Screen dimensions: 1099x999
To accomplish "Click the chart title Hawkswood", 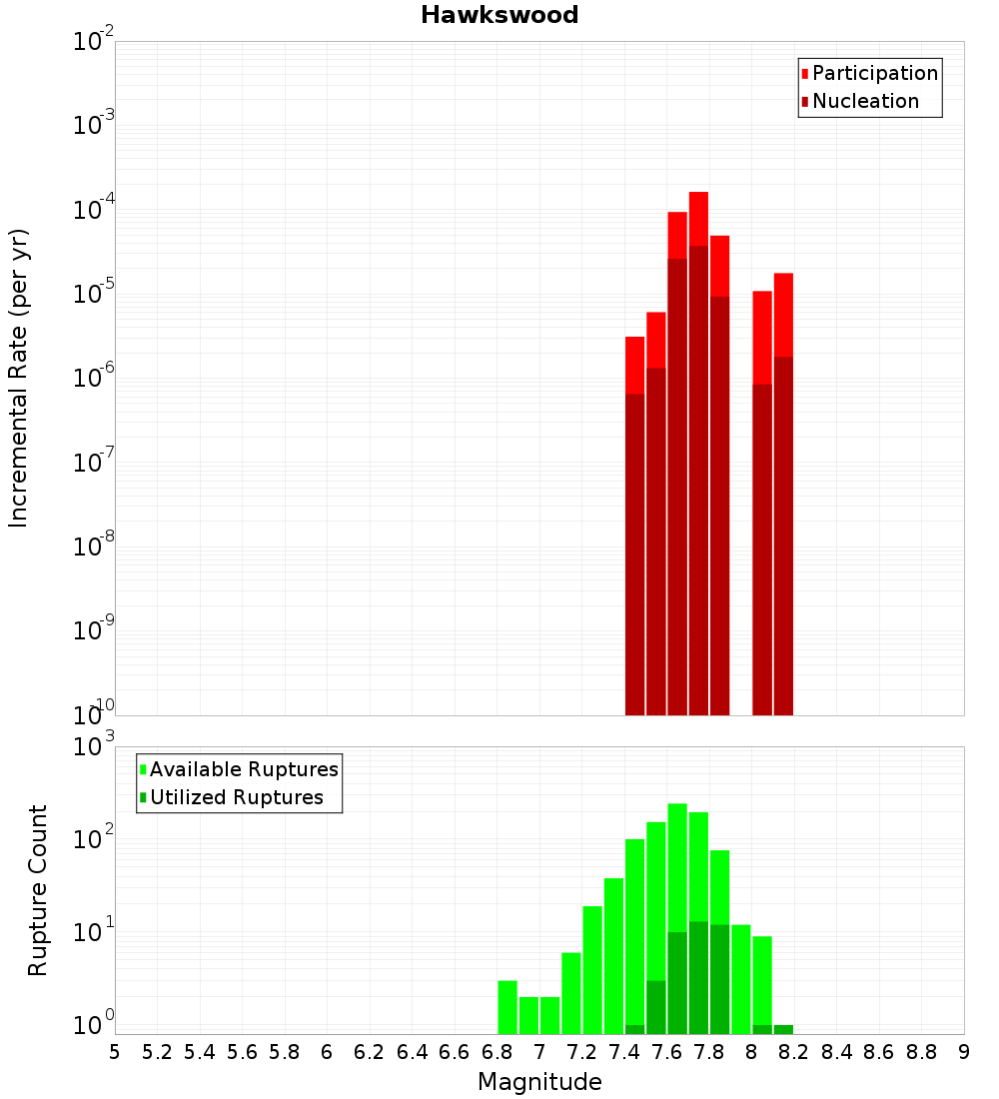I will point(499,15).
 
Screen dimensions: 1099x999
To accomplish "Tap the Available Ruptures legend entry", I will point(244,769).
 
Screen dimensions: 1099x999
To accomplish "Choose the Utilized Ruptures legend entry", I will point(236,797).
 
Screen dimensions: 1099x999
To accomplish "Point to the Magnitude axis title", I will point(539,1082).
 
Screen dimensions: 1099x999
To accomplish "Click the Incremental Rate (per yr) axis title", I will point(19,379).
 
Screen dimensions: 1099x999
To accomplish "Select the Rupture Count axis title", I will point(38,890).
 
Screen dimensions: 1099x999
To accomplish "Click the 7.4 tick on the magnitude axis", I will point(624,1052).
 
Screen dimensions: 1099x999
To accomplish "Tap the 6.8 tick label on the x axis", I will point(497,1052).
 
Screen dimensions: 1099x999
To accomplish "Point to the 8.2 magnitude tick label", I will point(794,1052).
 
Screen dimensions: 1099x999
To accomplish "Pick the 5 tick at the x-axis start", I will point(115,1052).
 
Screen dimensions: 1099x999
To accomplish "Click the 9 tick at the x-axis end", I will point(964,1052).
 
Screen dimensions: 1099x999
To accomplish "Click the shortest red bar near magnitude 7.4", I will point(634,364).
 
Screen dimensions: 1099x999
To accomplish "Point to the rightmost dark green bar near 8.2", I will point(783,1029).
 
